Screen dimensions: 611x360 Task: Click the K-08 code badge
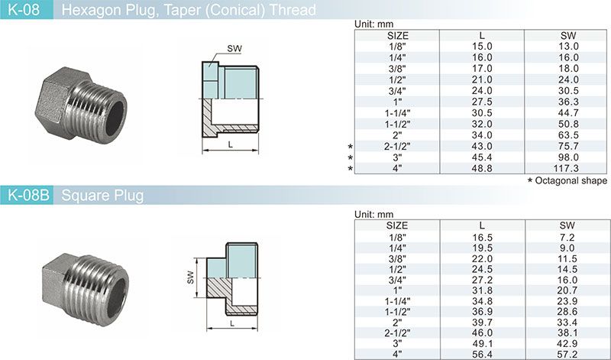coord(26,9)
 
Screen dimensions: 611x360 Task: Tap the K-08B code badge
coord(27,195)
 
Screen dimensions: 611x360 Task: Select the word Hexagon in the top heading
coord(92,10)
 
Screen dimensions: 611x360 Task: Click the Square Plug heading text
coord(102,196)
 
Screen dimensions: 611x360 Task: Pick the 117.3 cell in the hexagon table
coord(567,168)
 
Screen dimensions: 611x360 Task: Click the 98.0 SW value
coord(567,157)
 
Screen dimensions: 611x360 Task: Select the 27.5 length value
coord(482,102)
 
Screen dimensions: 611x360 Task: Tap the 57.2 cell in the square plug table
coord(567,354)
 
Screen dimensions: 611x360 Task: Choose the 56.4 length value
coord(482,354)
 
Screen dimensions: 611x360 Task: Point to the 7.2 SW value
coord(567,238)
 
